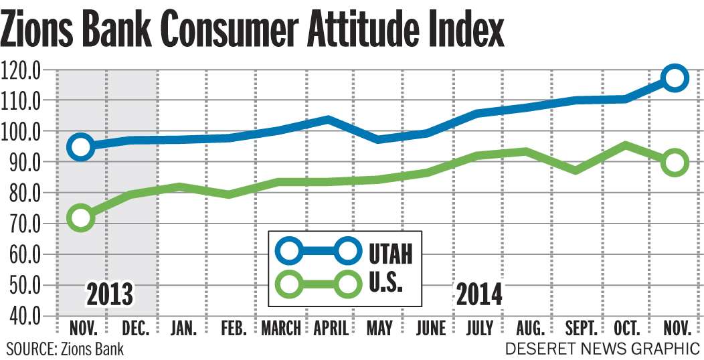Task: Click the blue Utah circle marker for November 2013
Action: coord(82,147)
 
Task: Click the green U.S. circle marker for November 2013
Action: coord(82,217)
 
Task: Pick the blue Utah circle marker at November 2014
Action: coord(675,78)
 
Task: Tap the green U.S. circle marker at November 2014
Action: coord(675,163)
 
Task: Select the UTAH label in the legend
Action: coord(391,253)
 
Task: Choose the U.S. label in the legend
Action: coord(386,284)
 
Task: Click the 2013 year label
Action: coord(110,294)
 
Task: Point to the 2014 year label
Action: coord(479,294)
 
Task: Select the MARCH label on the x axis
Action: coord(281,329)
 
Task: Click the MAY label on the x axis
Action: coord(379,329)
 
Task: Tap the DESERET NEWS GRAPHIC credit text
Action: coord(602,348)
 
